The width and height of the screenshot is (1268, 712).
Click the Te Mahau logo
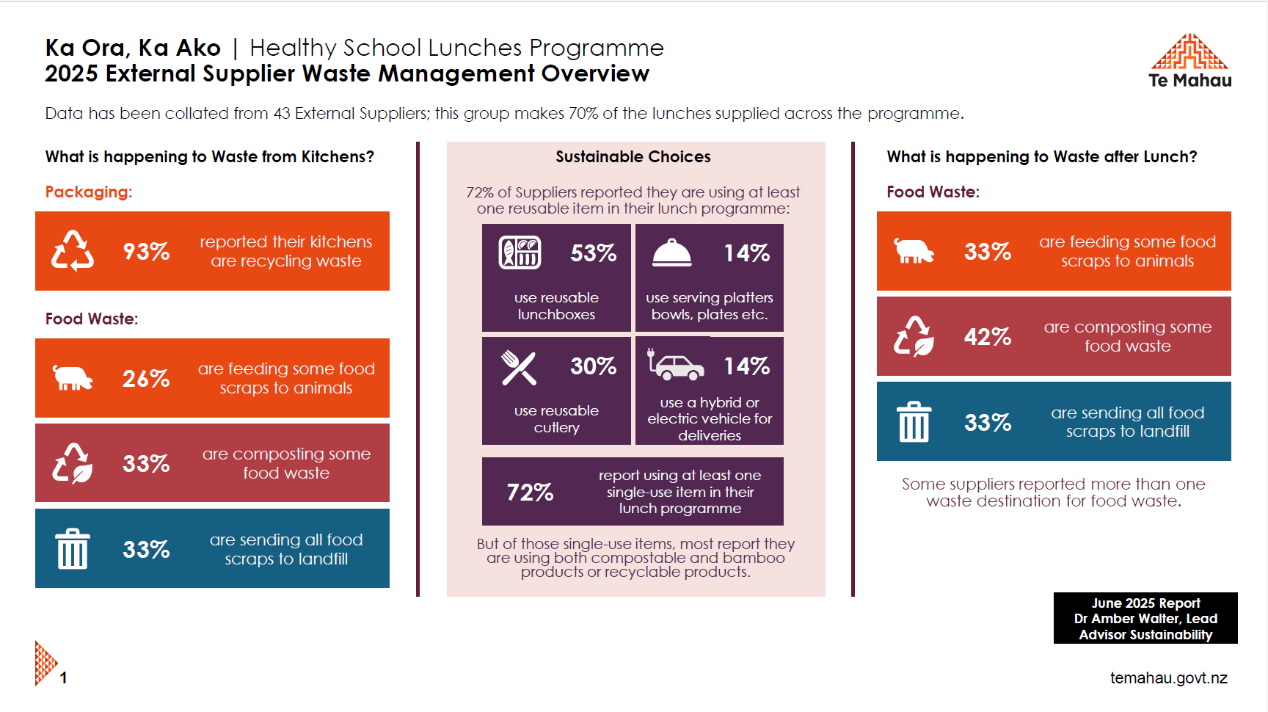tap(1189, 60)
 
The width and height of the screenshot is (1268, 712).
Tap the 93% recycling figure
tap(146, 252)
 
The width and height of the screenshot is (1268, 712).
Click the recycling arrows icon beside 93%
tap(73, 251)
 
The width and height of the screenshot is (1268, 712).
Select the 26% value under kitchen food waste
tap(146, 379)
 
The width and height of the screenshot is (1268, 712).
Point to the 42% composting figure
tap(988, 337)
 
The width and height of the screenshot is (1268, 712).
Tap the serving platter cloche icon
tap(671, 253)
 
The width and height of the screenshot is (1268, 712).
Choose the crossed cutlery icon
tap(519, 367)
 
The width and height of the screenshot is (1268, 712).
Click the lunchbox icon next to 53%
tap(520, 253)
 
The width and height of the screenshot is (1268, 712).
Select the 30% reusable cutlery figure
tap(594, 366)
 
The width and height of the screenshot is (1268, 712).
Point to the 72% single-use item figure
tap(530, 492)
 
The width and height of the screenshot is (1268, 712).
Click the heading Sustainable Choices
tap(633, 157)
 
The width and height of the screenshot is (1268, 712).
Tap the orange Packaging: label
tap(89, 192)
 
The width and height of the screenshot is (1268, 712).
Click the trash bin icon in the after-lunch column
tap(914, 422)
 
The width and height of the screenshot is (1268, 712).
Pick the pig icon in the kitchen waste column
tap(73, 378)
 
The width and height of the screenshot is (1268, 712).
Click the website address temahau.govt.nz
tap(1168, 678)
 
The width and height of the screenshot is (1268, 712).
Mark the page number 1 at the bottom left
tap(64, 678)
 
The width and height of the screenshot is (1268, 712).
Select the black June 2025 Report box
tap(1145, 618)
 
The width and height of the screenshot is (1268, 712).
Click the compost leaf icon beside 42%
tap(914, 337)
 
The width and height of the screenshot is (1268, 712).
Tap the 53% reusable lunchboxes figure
tap(594, 253)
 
